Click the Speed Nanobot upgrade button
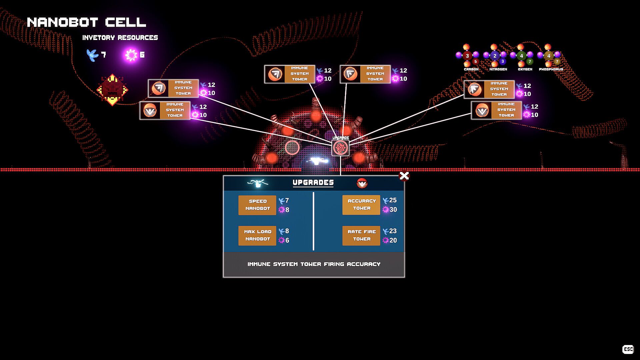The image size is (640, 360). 257,205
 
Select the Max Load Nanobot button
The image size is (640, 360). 257,236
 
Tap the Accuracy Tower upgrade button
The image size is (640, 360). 361,205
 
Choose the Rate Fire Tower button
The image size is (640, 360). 361,236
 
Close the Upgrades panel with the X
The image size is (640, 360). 404,176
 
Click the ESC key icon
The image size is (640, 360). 628,349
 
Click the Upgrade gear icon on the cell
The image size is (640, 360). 340,148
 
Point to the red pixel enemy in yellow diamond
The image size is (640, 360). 112,89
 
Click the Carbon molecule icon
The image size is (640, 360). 468,56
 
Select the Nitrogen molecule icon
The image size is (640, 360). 495,56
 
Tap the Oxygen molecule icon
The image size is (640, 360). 522,56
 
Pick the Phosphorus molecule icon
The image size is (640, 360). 549,56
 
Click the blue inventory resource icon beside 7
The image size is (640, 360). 92,55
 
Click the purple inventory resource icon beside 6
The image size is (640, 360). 131,55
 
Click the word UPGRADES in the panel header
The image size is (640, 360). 313,183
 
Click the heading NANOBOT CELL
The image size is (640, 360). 86,22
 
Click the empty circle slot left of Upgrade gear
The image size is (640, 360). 292,148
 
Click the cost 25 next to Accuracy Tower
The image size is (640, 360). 393,200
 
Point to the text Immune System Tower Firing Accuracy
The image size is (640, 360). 314,264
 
